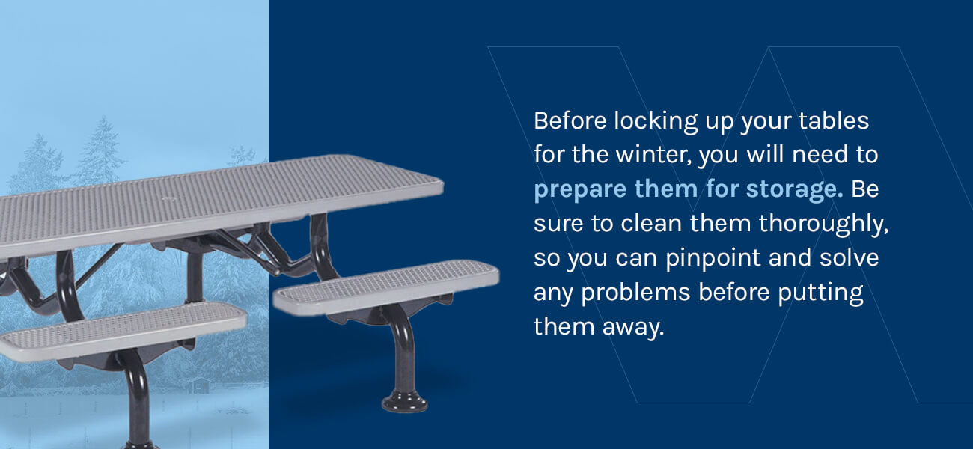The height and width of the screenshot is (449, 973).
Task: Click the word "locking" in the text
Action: pos(656,121)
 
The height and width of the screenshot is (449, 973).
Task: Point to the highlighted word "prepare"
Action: pos(580,190)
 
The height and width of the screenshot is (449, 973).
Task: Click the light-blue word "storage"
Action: pos(794,190)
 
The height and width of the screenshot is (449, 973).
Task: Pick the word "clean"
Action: pos(651,224)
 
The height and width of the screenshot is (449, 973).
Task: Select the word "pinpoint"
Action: pos(713,259)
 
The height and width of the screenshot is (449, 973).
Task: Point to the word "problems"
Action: pos(635,293)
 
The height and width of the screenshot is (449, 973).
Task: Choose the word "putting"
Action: pos(820,293)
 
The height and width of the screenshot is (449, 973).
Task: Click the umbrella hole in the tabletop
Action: pos(168,199)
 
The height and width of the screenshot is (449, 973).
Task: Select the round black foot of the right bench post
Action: pos(404,402)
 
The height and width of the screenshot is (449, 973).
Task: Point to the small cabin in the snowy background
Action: pos(199,385)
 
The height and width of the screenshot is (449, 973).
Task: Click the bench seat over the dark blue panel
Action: pos(386,287)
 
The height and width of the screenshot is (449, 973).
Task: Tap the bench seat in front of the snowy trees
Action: pos(123,331)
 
